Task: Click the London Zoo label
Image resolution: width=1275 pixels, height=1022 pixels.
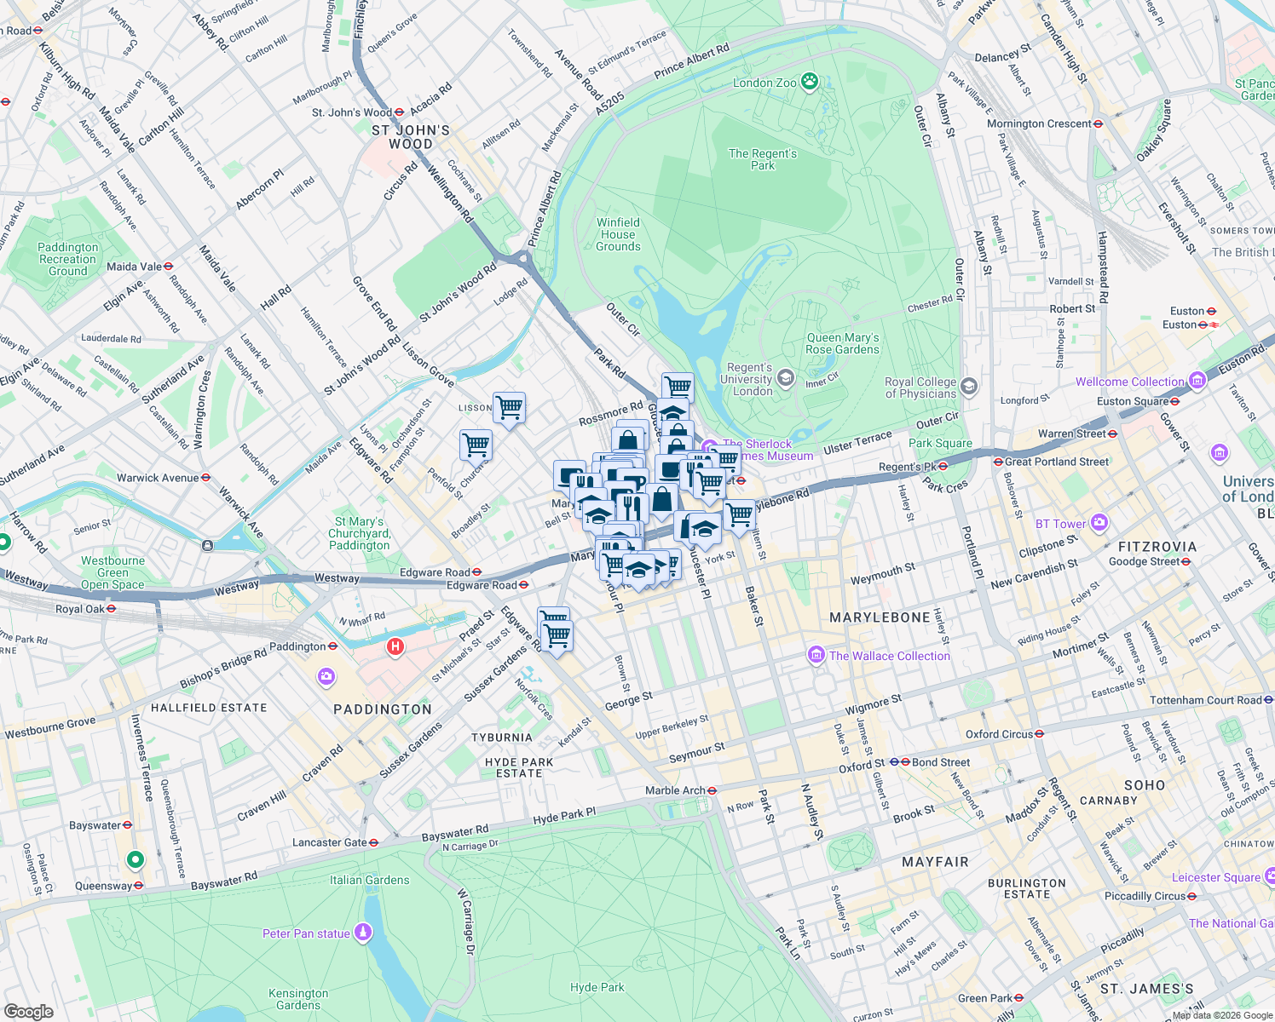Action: tap(764, 83)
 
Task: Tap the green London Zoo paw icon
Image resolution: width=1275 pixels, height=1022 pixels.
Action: tap(810, 82)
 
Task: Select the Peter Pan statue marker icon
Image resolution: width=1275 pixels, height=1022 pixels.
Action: tap(363, 933)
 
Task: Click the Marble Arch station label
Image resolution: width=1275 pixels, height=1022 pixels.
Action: tap(675, 790)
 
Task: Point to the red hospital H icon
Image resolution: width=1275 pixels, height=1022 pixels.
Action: tap(395, 646)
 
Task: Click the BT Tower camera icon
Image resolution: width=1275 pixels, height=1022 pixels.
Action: tap(1099, 522)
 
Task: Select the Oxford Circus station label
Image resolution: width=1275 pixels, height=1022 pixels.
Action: tap(999, 734)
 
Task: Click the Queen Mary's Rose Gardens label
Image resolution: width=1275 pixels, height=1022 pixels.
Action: tap(842, 343)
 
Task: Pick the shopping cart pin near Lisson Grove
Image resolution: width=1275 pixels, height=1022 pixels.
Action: tap(509, 406)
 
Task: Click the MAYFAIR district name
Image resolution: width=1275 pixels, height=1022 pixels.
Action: tap(935, 862)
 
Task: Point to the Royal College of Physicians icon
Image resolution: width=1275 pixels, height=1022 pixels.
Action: tap(968, 387)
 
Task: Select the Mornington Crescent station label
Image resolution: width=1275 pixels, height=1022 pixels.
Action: tap(1039, 123)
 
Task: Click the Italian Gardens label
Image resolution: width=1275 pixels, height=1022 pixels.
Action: tap(369, 880)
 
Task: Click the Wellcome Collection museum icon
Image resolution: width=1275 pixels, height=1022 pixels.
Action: tap(1198, 380)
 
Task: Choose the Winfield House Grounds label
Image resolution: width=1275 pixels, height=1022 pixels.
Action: tap(618, 234)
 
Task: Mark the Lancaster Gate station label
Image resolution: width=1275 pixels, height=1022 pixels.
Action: tap(329, 842)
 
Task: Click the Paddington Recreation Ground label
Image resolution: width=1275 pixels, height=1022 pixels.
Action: tap(68, 259)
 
